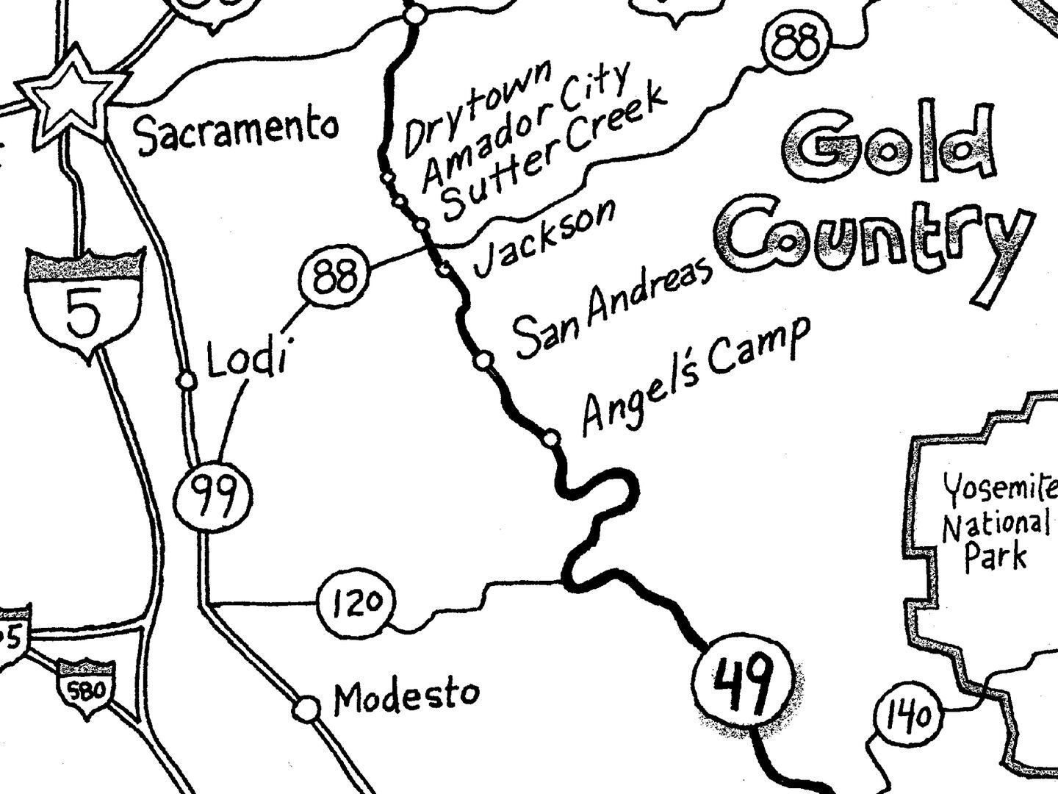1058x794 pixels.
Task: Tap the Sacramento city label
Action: pos(237,132)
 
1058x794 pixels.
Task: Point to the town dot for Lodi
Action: pos(187,380)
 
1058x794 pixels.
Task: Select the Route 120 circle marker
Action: pos(356,603)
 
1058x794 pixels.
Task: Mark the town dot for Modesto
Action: pos(306,709)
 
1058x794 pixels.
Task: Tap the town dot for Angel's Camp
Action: pos(551,439)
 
